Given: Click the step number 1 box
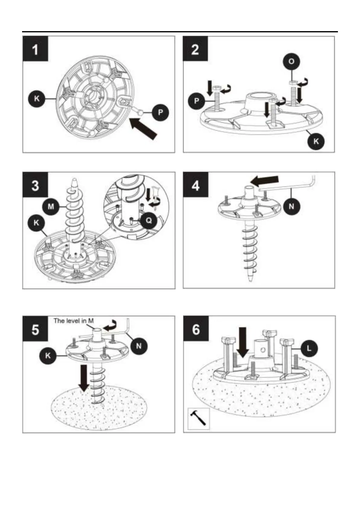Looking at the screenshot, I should click(x=35, y=49).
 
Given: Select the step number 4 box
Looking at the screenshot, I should click(x=196, y=185).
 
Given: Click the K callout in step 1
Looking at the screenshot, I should click(x=37, y=99).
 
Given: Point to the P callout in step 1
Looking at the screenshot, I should click(x=161, y=112).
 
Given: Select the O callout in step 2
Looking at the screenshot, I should click(x=291, y=61).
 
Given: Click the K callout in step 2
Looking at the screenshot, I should click(x=316, y=141).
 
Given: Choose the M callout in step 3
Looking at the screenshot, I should click(x=51, y=206).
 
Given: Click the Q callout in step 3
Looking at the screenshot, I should click(x=149, y=220).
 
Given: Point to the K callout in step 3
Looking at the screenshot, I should click(x=36, y=223).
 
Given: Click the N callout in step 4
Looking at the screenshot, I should click(x=291, y=206).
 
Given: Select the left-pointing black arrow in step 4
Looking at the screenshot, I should click(x=265, y=181).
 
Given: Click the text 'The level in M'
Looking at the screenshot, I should click(x=73, y=321).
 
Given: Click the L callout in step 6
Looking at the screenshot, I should click(x=309, y=349).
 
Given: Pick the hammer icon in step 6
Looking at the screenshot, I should click(x=198, y=419).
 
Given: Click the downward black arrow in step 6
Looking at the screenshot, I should click(x=243, y=342).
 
